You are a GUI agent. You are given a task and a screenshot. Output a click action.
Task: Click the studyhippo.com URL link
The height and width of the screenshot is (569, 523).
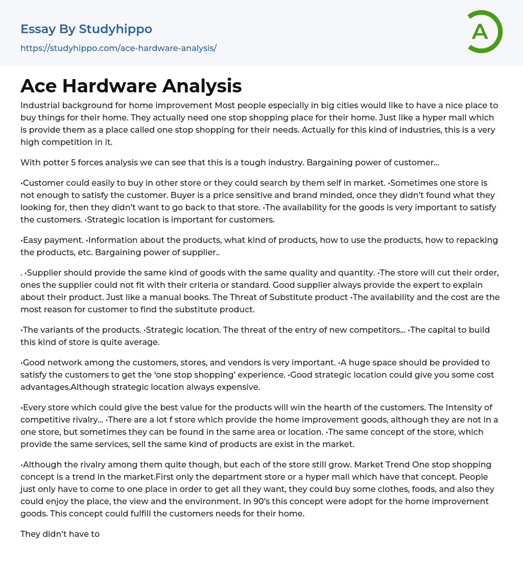tap(118, 48)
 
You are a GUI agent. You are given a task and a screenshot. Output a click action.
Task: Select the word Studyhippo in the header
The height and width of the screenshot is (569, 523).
tap(115, 29)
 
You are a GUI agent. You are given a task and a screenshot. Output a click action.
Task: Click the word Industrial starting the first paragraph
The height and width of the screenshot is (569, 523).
tap(40, 106)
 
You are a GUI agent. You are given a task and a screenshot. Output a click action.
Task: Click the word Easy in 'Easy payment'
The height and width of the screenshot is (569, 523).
tap(33, 240)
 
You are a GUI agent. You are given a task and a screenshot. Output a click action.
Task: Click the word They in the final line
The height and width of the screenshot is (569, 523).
tap(31, 534)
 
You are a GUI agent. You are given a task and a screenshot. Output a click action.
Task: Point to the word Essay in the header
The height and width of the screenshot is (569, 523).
tap(38, 29)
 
